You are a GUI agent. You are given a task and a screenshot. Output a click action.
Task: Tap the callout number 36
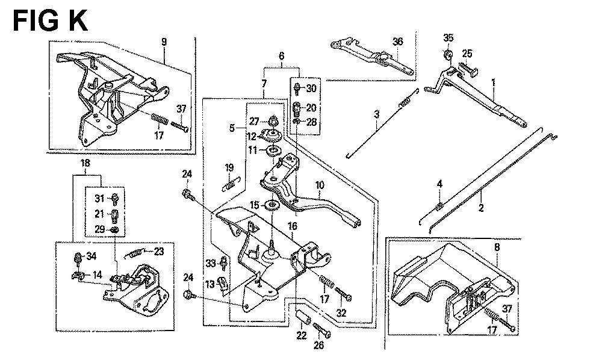(x=397, y=41)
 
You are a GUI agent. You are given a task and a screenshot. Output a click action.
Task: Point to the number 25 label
(x=468, y=54)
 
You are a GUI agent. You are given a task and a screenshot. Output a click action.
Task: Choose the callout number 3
(x=376, y=114)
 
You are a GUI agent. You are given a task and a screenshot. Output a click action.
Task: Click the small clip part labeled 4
(x=440, y=206)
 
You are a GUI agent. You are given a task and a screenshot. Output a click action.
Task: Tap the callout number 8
(x=497, y=246)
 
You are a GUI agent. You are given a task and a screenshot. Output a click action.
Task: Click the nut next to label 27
(x=273, y=119)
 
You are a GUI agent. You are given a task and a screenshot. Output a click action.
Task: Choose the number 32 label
(x=342, y=312)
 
